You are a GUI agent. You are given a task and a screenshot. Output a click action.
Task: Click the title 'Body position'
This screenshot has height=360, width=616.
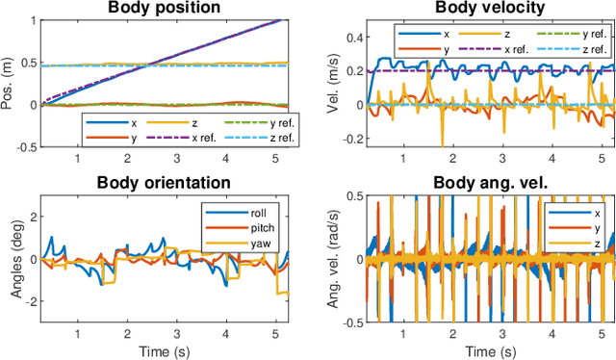[x=166, y=8]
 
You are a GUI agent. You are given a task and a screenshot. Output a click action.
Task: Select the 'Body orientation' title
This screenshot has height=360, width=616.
[x=166, y=181]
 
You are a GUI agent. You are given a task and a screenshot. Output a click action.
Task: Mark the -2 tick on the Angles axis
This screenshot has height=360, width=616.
[x=29, y=301]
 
